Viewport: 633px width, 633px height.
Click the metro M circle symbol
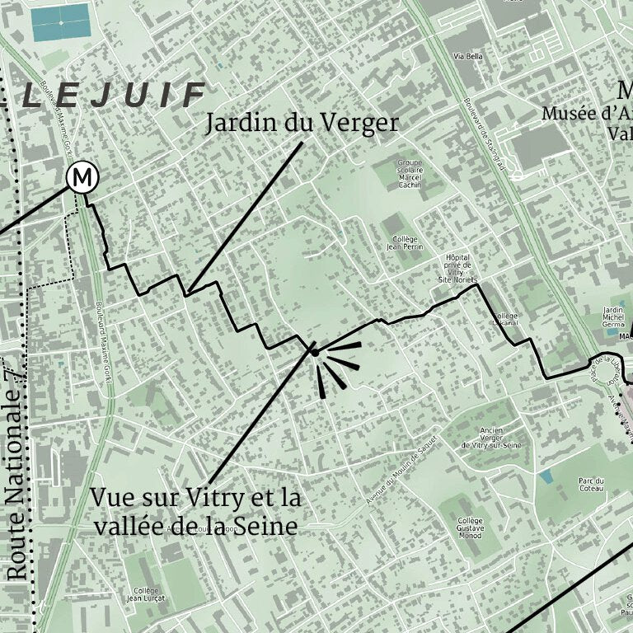point(82,177)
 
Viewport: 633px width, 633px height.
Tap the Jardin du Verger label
point(302,123)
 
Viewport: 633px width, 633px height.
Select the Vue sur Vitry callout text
point(195,512)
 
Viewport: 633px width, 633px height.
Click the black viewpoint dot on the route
point(314,352)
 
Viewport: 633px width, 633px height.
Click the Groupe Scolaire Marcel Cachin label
point(409,174)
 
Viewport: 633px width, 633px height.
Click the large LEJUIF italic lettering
point(114,96)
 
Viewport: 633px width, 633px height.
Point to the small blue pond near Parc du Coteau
point(545,476)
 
